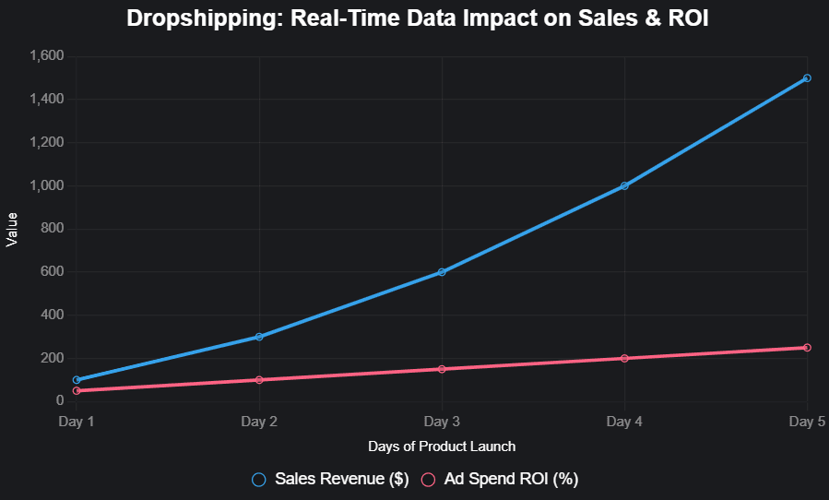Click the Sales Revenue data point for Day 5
pos(807,78)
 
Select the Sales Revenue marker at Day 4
pos(624,185)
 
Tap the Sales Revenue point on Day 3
pos(442,272)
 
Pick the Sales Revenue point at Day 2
pos(259,337)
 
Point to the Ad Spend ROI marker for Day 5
pos(807,348)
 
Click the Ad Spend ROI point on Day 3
pos(442,369)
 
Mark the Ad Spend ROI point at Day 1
pos(77,391)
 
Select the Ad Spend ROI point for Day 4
pos(624,359)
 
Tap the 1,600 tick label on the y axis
pos(46,56)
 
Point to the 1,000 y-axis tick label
pos(46,185)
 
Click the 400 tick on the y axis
pos(52,315)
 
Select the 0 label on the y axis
pos(59,401)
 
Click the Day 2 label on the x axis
pos(259,422)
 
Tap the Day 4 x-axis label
pos(624,422)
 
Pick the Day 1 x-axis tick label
pos(77,422)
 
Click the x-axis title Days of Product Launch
pos(442,446)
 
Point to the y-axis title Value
pos(12,229)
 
